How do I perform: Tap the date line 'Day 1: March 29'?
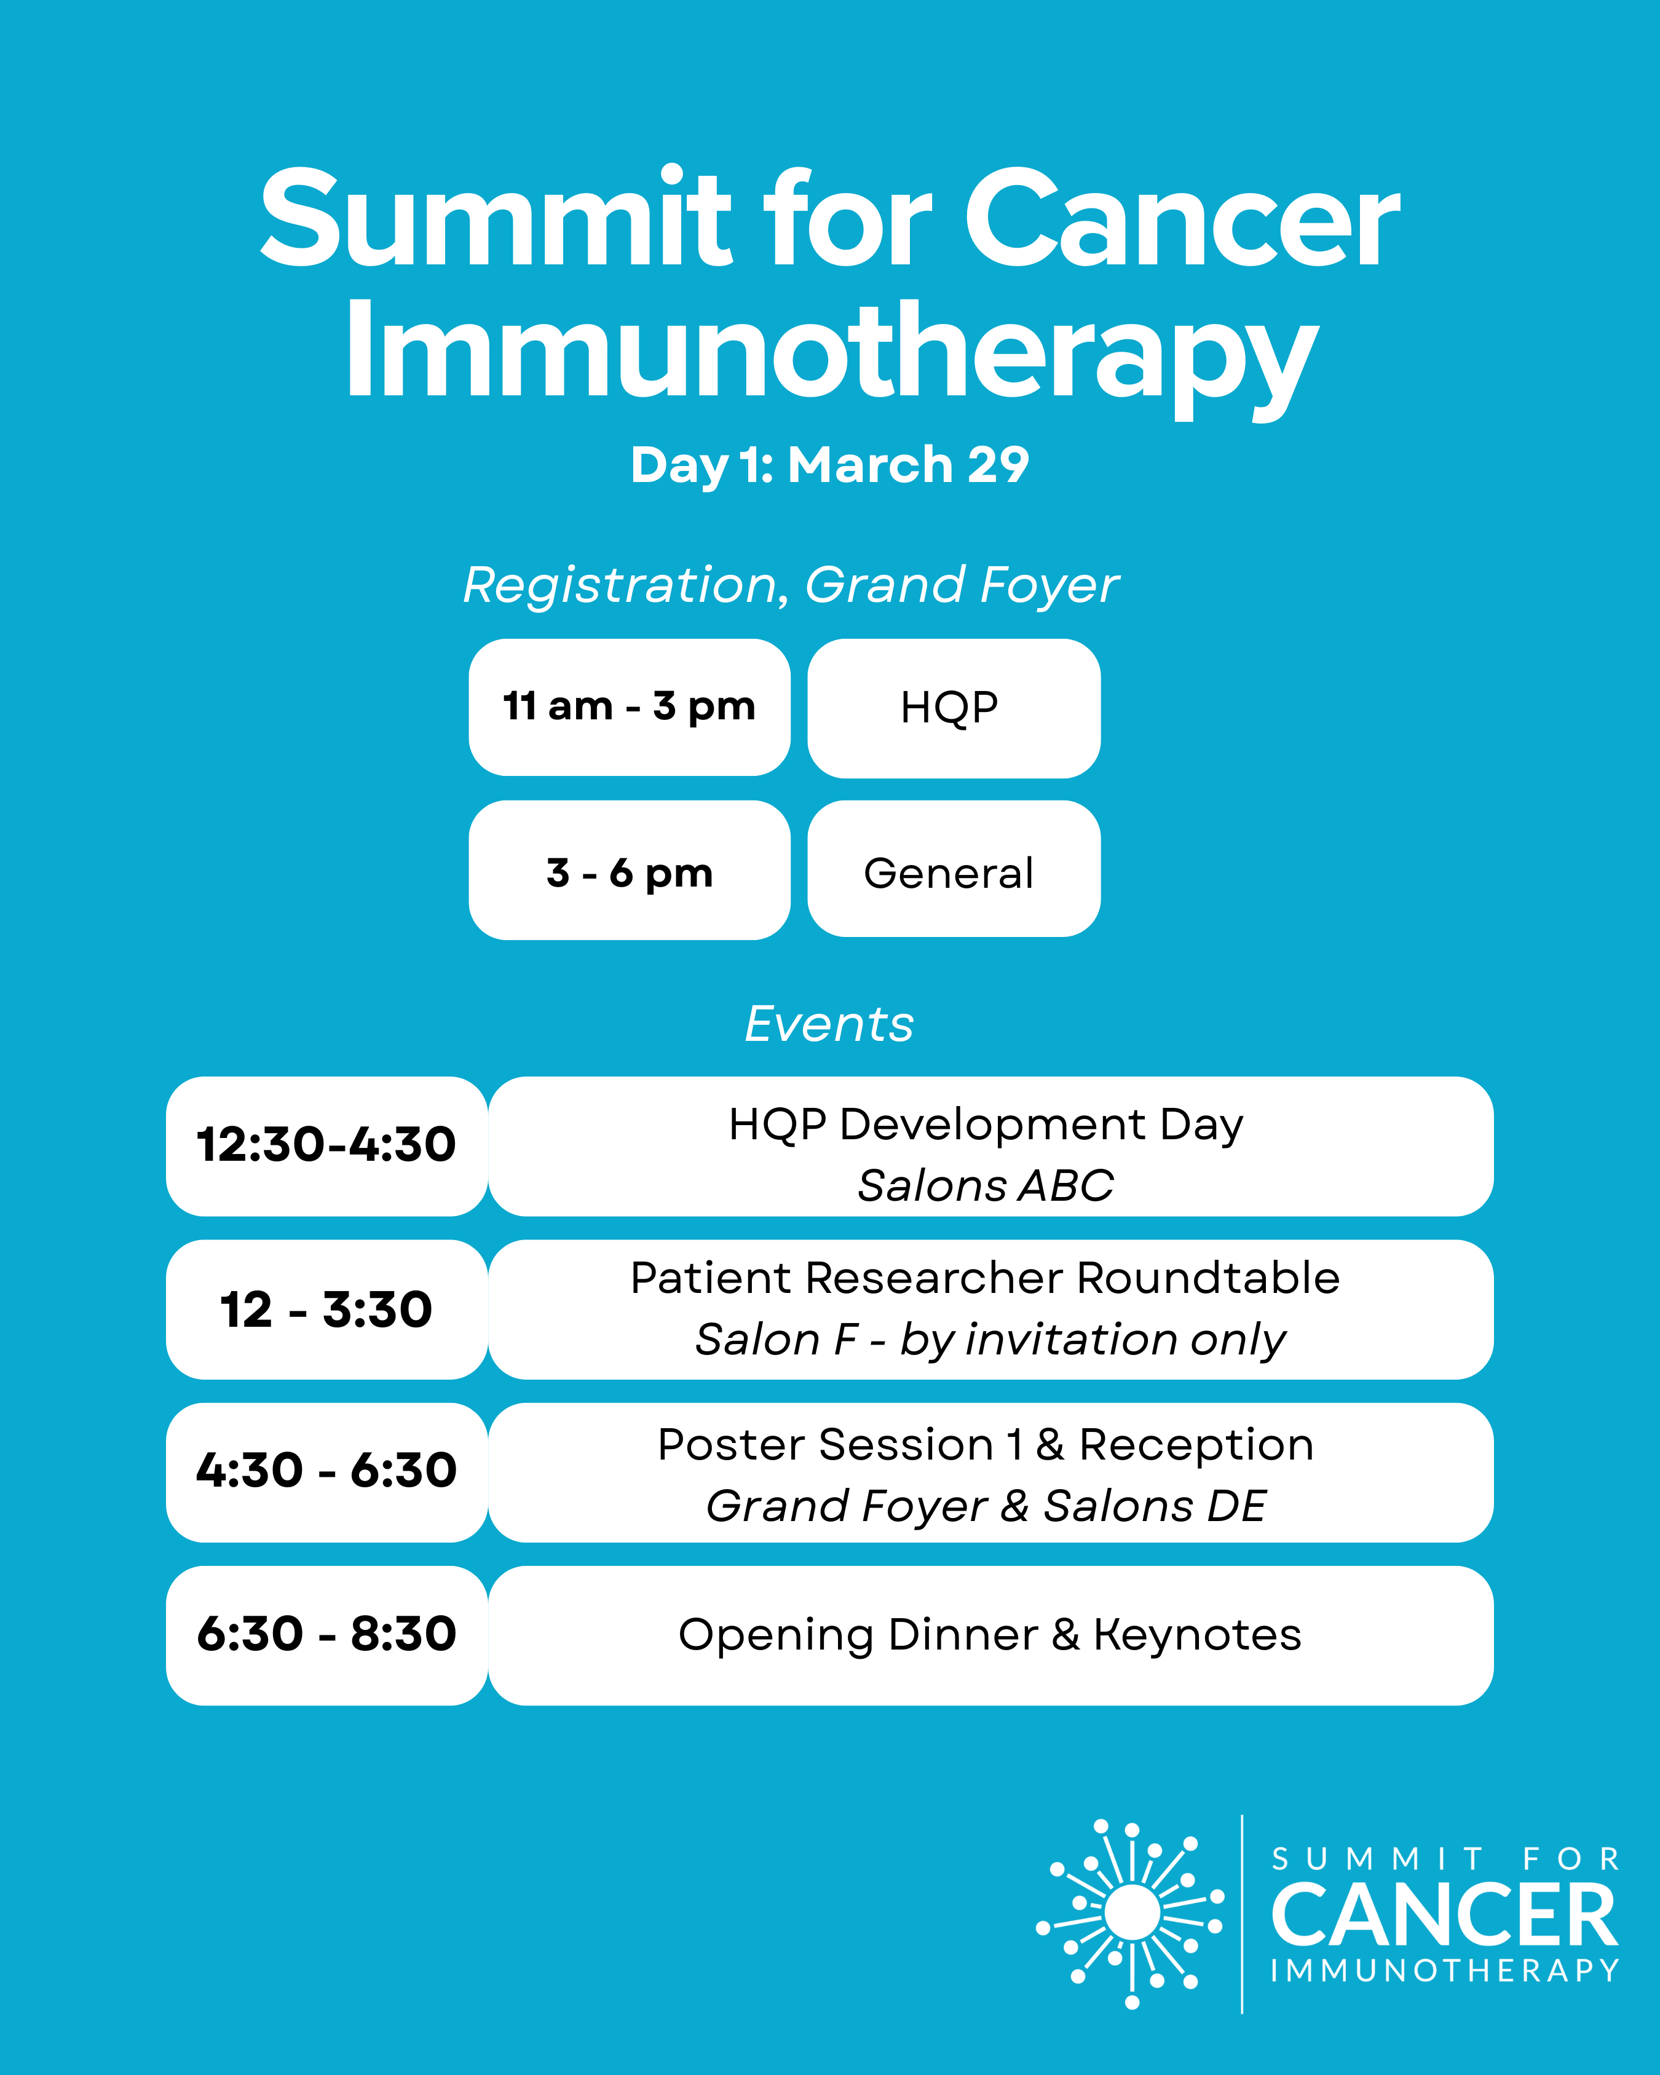pos(829,466)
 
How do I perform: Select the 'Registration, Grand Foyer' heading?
pos(791,585)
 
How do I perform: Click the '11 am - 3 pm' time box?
pos(630,708)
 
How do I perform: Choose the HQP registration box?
pos(954,708)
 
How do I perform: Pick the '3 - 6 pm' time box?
pos(630,870)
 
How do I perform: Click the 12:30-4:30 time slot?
pos(326,1146)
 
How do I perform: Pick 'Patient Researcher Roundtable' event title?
pos(986,1278)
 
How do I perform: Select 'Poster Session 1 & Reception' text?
pos(986,1445)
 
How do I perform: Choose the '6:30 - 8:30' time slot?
pos(326,1636)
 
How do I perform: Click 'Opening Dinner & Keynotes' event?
pos(990,1636)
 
